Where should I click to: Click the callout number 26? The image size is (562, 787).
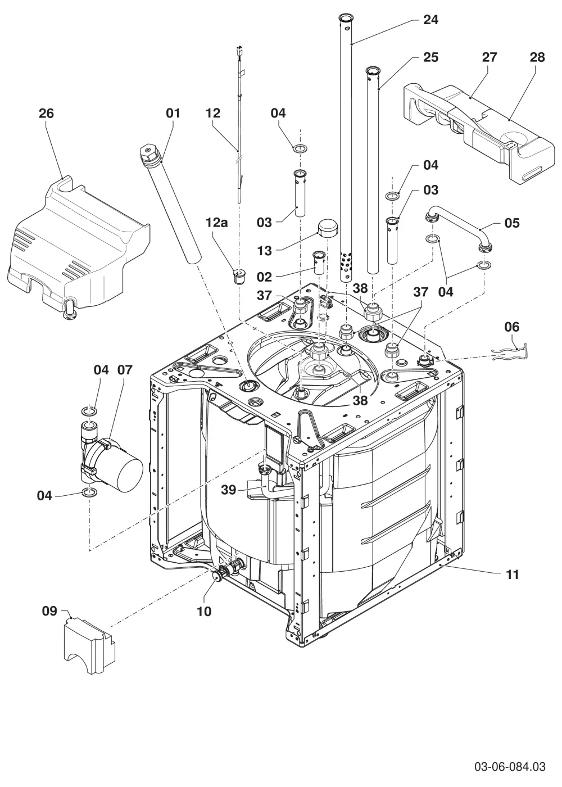click(46, 114)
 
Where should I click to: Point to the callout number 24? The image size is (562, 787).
click(430, 20)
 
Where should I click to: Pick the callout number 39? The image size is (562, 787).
click(228, 490)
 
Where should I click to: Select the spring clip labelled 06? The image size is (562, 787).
click(511, 351)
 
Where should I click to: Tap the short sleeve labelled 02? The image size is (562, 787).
click(319, 263)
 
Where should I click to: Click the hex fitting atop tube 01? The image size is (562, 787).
click(148, 153)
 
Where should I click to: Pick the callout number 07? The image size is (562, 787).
click(125, 370)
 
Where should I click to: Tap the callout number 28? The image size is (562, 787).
click(537, 57)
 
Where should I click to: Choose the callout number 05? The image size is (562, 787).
click(512, 223)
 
